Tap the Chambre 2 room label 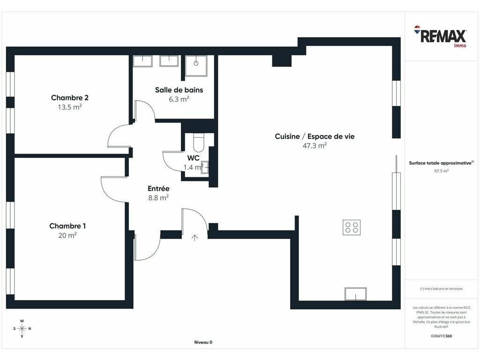(70, 97)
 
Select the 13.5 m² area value (70, 107)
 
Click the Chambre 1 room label (67, 226)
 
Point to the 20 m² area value (67, 235)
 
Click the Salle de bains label (179, 90)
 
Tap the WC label (193, 158)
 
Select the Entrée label (158, 188)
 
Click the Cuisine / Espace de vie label (315, 136)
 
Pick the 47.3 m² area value (315, 145)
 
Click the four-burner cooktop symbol (352, 227)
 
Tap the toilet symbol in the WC (198, 142)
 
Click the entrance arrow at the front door (195, 238)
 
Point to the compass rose (22, 329)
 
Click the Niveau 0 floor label (203, 342)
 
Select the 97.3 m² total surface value (442, 171)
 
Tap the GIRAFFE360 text (442, 336)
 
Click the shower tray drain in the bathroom (196, 63)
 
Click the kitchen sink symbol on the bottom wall (355, 294)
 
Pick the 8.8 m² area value (158, 198)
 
